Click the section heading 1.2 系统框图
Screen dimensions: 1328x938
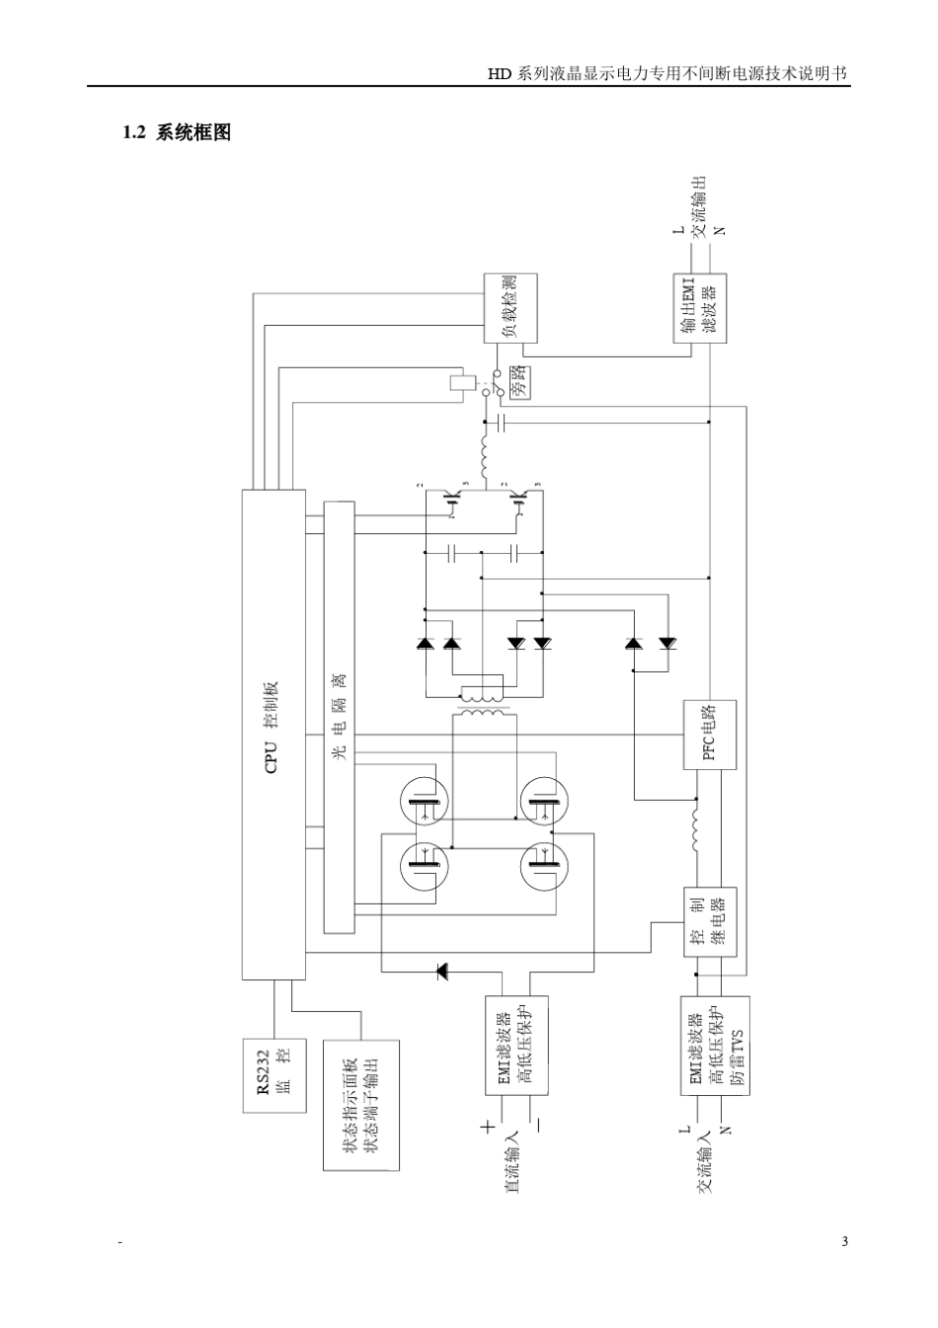pyautogui.click(x=176, y=132)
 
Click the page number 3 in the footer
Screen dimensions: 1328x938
pyautogui.click(x=844, y=1241)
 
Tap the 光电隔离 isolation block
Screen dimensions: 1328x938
pyautogui.click(x=339, y=718)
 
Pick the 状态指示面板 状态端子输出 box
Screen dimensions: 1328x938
pyautogui.click(x=361, y=1105)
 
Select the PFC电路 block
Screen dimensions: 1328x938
pyautogui.click(x=710, y=735)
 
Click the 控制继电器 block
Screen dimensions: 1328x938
pyautogui.click(x=710, y=921)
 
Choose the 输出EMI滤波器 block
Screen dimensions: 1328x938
pyautogui.click(x=699, y=308)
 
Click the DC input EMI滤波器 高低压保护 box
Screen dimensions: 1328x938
pyautogui.click(x=515, y=1046)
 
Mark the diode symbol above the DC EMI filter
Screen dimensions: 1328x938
pyautogui.click(x=441, y=972)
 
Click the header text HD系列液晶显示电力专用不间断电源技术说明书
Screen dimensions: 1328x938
pyautogui.click(x=668, y=74)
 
